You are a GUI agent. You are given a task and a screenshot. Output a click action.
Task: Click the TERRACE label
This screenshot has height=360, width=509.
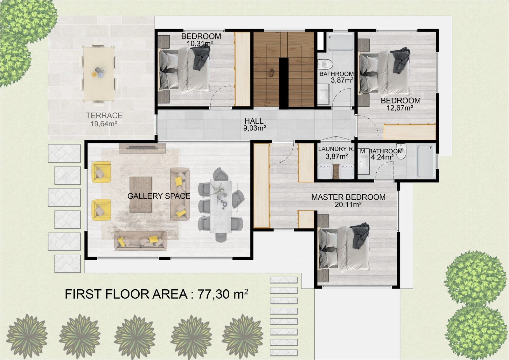point(104,116)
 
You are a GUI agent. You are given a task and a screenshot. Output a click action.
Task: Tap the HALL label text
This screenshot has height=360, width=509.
point(254,121)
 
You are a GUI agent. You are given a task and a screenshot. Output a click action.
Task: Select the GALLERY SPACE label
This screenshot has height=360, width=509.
point(159,196)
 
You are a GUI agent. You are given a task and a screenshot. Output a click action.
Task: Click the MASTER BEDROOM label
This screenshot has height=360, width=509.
point(348,197)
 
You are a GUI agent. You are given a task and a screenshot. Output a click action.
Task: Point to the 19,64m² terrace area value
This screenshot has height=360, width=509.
point(104,124)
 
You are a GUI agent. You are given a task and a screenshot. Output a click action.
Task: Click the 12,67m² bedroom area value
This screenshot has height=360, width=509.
point(400,108)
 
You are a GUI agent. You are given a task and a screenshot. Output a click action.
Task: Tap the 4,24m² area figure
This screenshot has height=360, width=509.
point(382,157)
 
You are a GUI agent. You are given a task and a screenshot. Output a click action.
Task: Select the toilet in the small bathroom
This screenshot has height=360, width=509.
point(325,64)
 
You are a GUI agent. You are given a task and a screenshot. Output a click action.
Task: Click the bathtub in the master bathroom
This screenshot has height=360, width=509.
point(426,161)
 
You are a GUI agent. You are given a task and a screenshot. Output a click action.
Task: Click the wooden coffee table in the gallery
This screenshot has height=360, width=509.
point(141,194)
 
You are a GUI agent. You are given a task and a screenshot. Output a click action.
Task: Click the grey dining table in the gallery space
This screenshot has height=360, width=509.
point(221,206)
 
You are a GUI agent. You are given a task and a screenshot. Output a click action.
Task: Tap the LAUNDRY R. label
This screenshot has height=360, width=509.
point(336,149)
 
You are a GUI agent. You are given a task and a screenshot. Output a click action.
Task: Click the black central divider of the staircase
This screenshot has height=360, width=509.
point(283,83)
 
